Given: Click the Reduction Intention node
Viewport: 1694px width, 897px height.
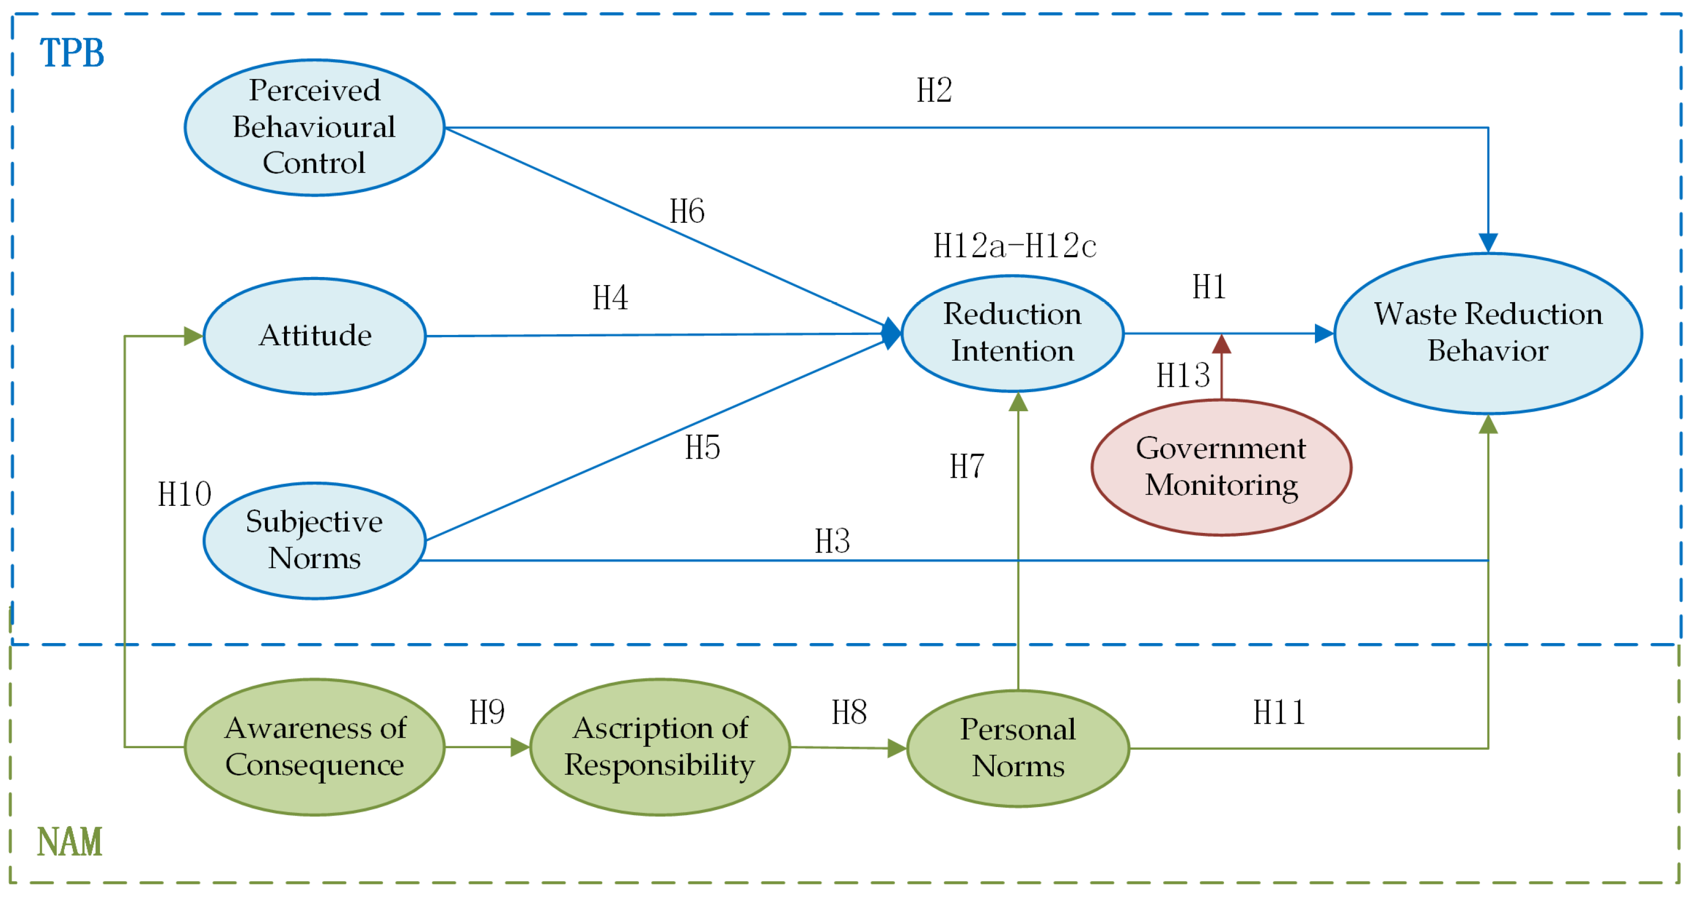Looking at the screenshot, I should [x=1012, y=333].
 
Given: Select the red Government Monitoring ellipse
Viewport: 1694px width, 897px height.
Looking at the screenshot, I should [x=1221, y=467].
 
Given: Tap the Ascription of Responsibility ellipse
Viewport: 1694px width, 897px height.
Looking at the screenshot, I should [x=660, y=747].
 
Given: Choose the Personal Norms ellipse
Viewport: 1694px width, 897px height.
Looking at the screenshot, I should [x=1017, y=748].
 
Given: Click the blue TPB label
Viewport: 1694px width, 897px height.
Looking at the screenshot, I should [x=72, y=53].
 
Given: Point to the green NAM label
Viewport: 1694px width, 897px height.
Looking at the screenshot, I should [x=70, y=842].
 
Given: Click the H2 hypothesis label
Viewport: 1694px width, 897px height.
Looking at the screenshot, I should [x=934, y=90].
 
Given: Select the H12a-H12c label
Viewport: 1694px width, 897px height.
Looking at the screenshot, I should [x=1015, y=246].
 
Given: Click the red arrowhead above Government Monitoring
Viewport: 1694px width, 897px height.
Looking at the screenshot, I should [x=1221, y=344].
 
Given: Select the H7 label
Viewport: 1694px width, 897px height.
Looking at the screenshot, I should [x=967, y=466].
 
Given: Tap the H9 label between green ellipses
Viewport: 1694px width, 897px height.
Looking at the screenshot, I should [x=487, y=712].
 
